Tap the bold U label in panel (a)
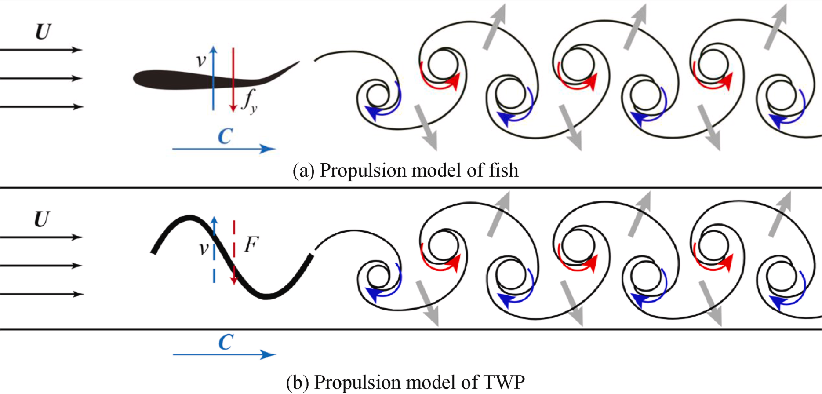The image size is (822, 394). [43, 32]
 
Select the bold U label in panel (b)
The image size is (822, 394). [42, 219]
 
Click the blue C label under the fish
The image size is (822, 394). [225, 136]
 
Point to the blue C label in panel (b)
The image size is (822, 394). [226, 342]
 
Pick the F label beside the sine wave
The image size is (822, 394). [251, 244]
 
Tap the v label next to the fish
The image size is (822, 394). [201, 60]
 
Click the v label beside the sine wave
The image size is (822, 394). [203, 248]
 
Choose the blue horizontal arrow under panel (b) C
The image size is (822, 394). [224, 354]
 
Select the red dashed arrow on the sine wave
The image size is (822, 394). [234, 255]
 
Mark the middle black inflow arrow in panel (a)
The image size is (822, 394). [41, 78]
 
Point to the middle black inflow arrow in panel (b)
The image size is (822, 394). [41, 266]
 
